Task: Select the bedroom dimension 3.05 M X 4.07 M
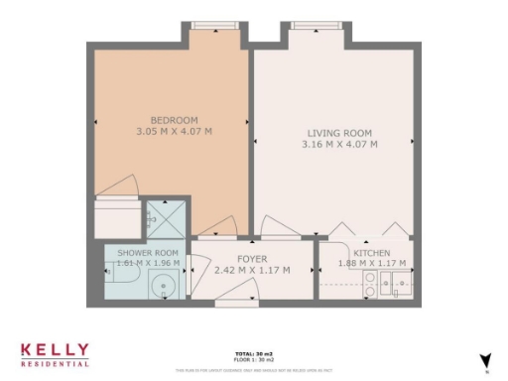(167, 130)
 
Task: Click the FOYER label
(252, 258)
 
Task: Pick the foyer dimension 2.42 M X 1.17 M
(252, 270)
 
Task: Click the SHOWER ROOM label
(147, 254)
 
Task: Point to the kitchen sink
(401, 289)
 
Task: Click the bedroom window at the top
(209, 25)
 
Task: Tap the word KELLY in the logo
(55, 350)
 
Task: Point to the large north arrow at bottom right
(485, 361)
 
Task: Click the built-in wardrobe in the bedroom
(117, 218)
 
